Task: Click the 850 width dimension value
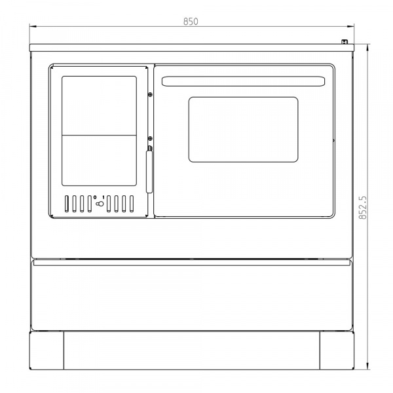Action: click(191, 22)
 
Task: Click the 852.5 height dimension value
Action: click(363, 208)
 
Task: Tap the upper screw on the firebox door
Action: click(150, 94)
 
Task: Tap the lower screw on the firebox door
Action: click(150, 139)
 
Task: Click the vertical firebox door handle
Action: click(149, 170)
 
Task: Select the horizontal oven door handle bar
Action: click(244, 81)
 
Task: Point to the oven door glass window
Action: click(244, 130)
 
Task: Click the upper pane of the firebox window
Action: click(100, 105)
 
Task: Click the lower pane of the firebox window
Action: click(100, 160)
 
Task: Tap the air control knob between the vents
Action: click(100, 204)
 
